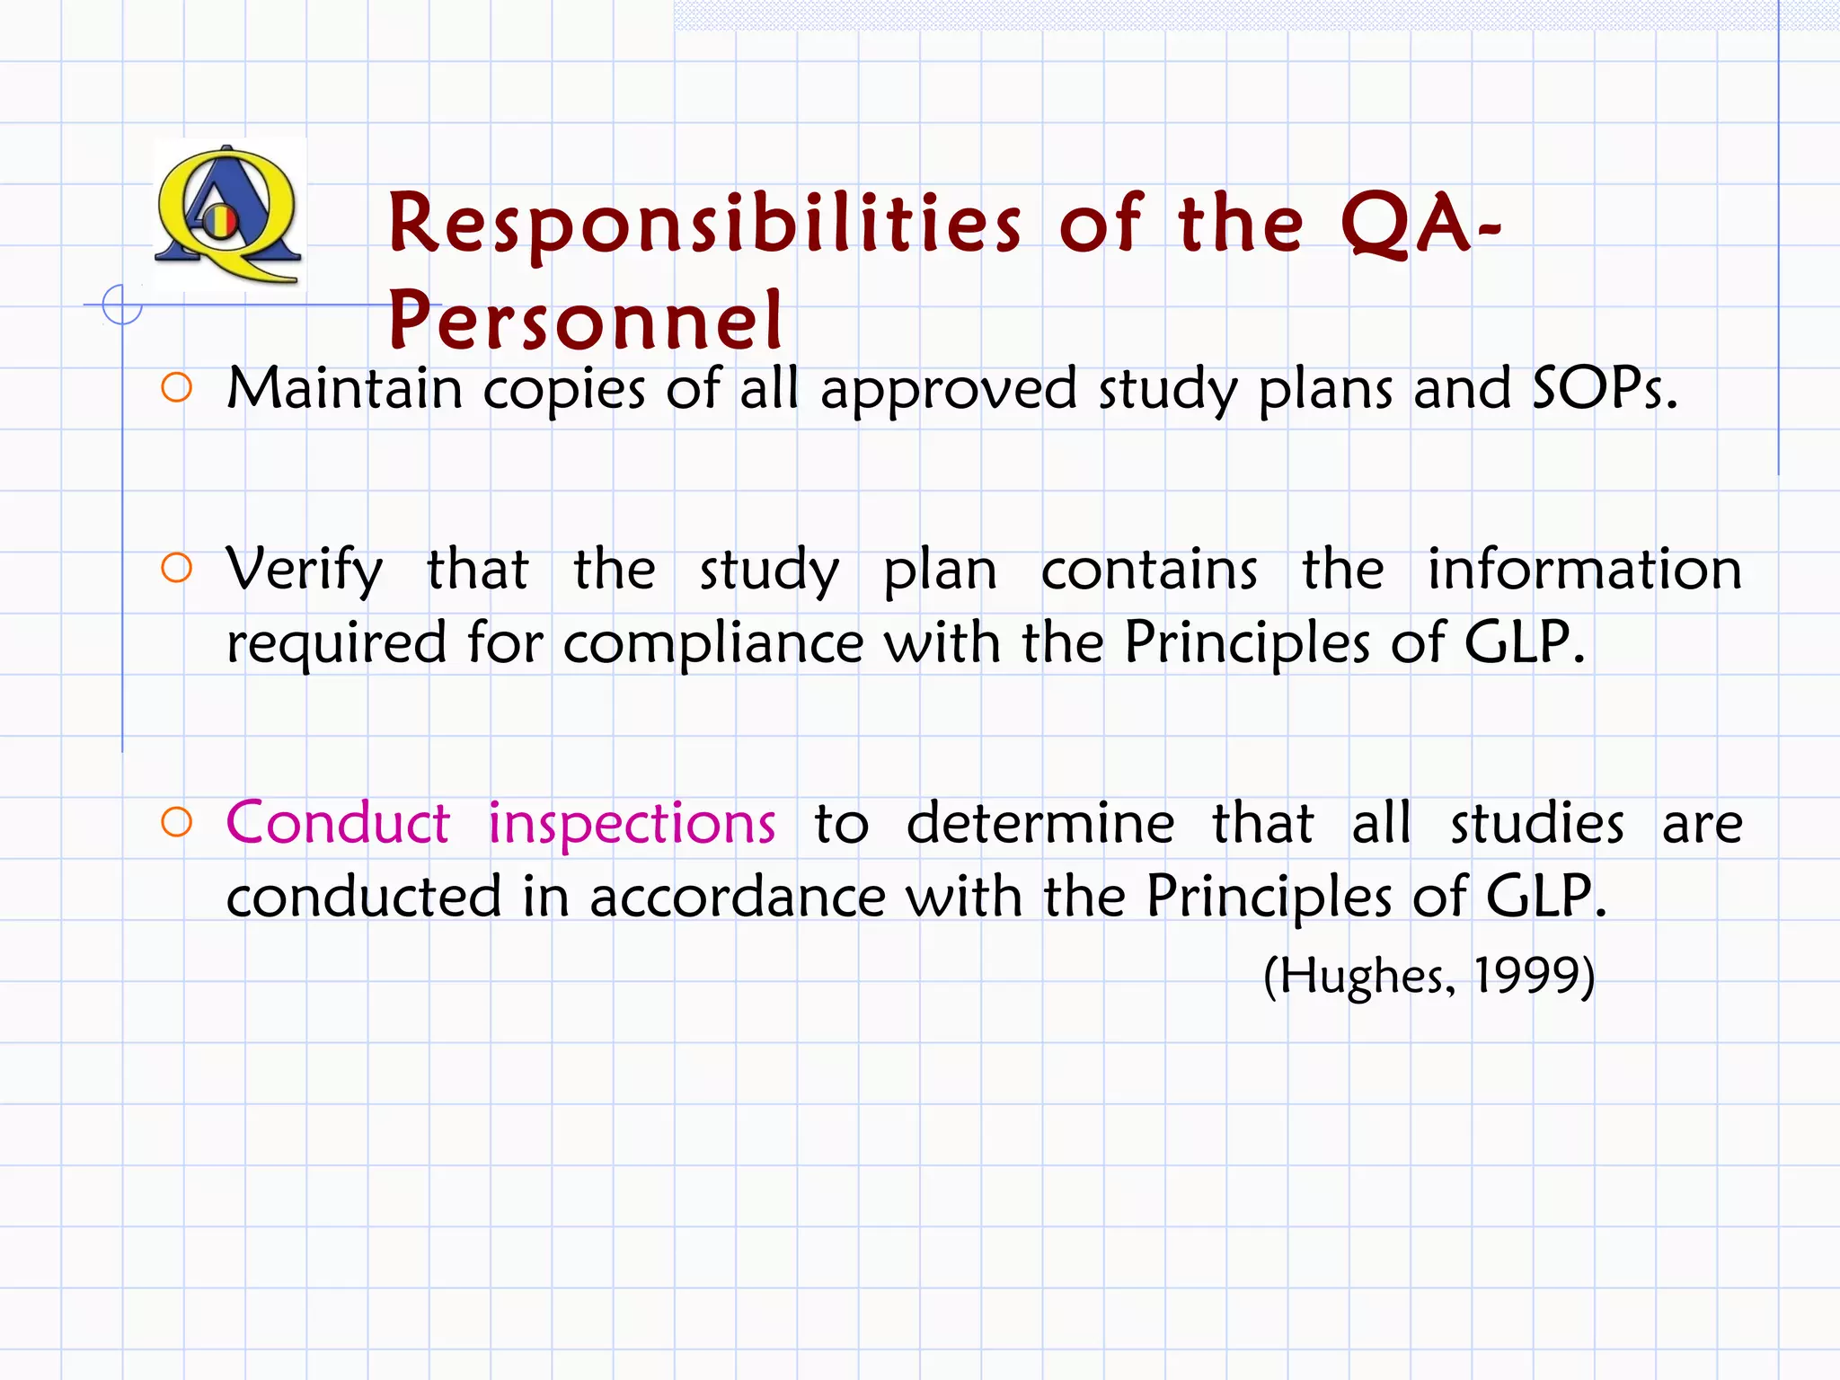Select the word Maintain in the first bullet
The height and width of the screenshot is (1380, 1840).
coord(344,388)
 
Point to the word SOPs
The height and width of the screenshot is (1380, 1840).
coord(1604,388)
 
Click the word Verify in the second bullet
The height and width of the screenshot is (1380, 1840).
coord(305,570)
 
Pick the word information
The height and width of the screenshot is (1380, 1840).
coord(1585,570)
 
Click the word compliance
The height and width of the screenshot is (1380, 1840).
coord(713,643)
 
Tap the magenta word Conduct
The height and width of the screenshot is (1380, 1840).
coord(338,823)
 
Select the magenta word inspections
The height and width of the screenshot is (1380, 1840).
coord(632,823)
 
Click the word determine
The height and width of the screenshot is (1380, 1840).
coord(1039,823)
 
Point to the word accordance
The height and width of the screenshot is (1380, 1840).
coord(737,897)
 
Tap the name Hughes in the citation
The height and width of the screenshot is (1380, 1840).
coord(1362,976)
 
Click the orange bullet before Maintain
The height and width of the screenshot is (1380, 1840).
coord(177,388)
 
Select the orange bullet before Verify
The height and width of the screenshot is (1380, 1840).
coord(177,568)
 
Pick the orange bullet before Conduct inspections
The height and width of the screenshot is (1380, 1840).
coord(177,822)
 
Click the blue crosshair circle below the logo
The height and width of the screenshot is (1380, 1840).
coord(122,305)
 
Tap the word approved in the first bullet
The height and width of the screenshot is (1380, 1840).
coord(948,390)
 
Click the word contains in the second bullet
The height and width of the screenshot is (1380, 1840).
coord(1149,570)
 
